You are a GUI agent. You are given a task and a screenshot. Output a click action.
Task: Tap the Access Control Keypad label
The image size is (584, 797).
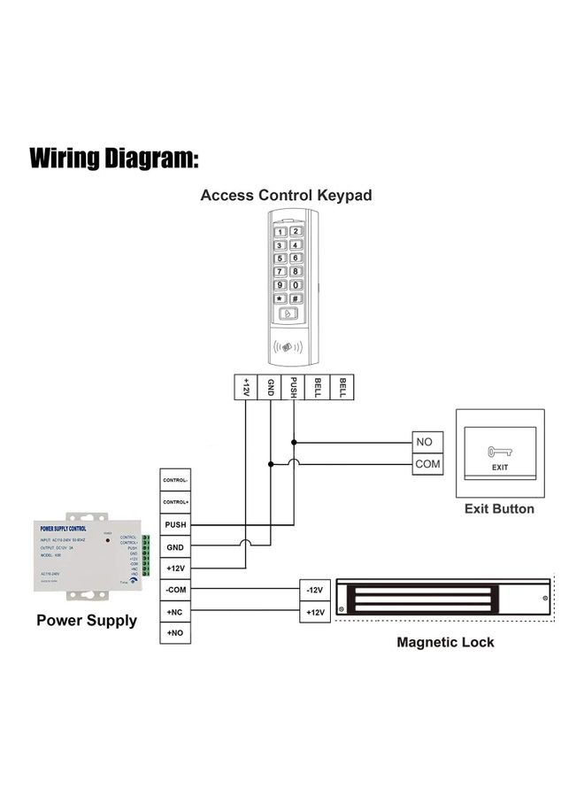coord(286,195)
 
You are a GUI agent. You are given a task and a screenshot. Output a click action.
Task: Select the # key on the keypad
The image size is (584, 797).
coord(296,299)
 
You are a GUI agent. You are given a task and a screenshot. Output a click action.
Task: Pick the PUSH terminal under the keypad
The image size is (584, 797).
coord(293,387)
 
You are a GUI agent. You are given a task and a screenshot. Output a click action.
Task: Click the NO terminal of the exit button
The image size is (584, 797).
coord(427,442)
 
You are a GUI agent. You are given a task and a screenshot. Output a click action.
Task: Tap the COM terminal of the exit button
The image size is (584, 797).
coord(427,463)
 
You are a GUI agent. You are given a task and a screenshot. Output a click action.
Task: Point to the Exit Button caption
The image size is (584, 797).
coord(499,509)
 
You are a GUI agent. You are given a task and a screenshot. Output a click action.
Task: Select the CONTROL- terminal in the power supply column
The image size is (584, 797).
coord(175,481)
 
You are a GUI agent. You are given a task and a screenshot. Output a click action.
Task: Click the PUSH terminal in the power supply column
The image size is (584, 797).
coord(175,525)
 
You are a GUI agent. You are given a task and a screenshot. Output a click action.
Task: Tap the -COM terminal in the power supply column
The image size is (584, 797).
coord(175,590)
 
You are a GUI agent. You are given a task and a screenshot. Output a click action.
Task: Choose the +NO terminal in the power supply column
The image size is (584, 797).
coord(175,633)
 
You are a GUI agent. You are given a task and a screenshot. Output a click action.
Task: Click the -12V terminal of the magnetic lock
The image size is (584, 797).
coord(314,590)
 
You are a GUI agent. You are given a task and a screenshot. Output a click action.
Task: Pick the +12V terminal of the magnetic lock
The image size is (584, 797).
coord(314,612)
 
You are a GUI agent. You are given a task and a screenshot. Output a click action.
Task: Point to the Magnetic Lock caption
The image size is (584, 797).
coord(445,642)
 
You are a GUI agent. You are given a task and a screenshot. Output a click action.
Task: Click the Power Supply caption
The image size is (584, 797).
coord(87,620)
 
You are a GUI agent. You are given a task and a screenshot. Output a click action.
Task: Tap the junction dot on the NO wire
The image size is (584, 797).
coord(294,442)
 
